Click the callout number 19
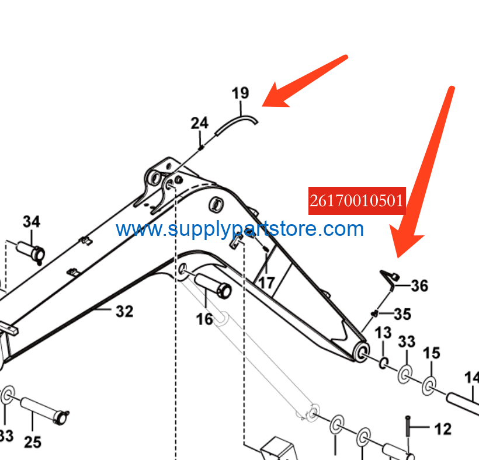(x=241, y=93)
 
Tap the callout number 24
(x=199, y=123)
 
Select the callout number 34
(x=32, y=222)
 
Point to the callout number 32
(x=124, y=311)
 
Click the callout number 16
(x=204, y=319)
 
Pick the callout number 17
(x=266, y=283)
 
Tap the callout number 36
(x=419, y=285)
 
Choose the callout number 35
(x=402, y=314)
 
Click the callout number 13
(x=383, y=333)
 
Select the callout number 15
(x=431, y=353)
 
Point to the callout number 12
(x=443, y=429)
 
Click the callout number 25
(x=33, y=442)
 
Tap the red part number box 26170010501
(x=357, y=201)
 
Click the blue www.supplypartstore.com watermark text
(x=240, y=229)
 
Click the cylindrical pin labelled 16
(x=213, y=285)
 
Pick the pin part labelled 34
(x=31, y=252)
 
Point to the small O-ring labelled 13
(x=383, y=363)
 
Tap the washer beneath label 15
(x=429, y=386)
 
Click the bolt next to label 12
(x=408, y=426)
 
